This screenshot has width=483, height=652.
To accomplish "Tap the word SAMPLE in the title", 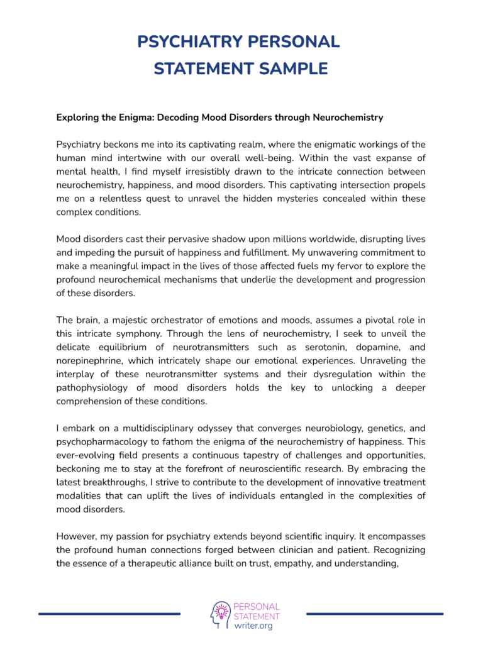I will pyautogui.click(x=294, y=69).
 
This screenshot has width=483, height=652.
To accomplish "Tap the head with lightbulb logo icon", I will pyautogui.click(x=220, y=614).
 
